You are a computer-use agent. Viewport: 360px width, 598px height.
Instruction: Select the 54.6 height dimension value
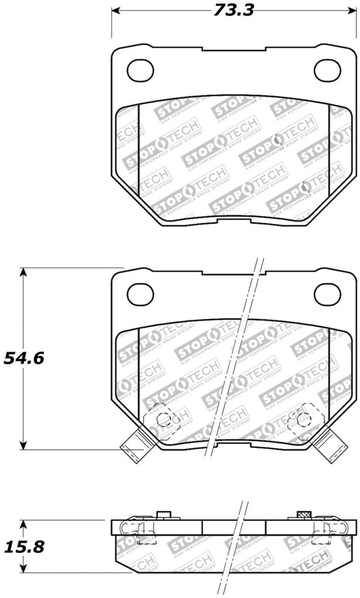pos(24,358)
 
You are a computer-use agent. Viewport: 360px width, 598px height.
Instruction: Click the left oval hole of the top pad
pos(140,71)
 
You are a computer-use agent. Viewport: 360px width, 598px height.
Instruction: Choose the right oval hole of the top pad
pos(327,71)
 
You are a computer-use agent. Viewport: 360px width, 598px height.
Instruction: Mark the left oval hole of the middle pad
pos(140,294)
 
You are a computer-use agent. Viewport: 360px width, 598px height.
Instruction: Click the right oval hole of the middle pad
pos(327,294)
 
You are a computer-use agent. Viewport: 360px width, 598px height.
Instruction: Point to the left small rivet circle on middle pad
pos(163,419)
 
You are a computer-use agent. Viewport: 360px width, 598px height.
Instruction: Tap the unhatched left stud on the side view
pos(164,514)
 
